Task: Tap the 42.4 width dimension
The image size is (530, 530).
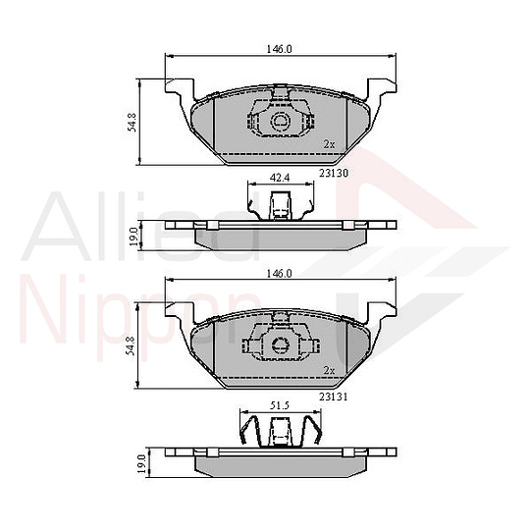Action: pyautogui.click(x=280, y=179)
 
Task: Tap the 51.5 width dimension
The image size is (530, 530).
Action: pyautogui.click(x=280, y=403)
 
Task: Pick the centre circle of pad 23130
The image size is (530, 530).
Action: pyautogui.click(x=280, y=123)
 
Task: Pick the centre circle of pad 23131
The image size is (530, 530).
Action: pyautogui.click(x=280, y=345)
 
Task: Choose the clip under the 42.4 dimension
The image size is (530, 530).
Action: pyautogui.click(x=280, y=206)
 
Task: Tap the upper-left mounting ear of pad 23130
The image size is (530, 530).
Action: pyautogui.click(x=177, y=89)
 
